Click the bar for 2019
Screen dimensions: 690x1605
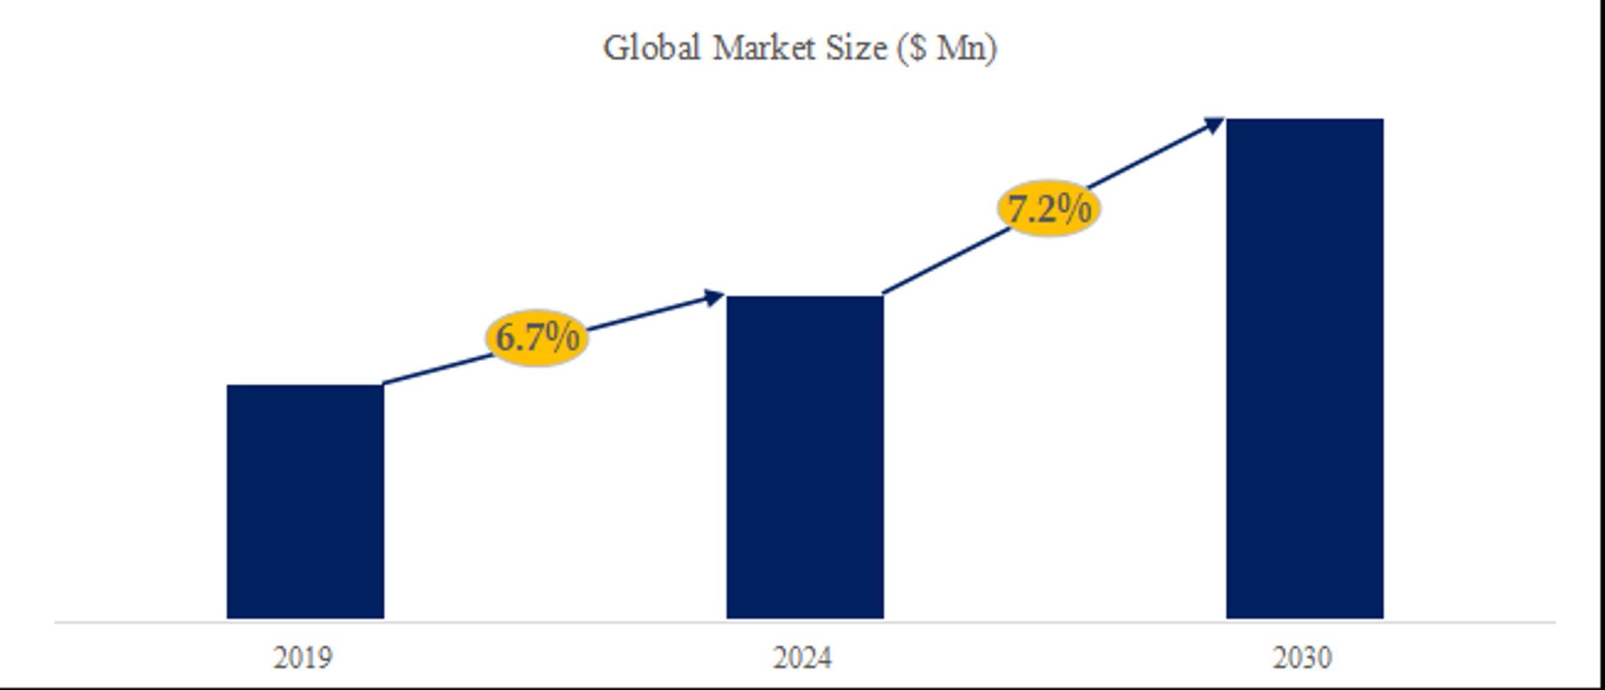(x=305, y=501)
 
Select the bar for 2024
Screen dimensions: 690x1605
(x=805, y=457)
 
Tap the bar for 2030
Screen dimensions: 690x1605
(x=1304, y=368)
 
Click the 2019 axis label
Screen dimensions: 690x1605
(x=303, y=658)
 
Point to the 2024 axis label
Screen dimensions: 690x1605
(x=803, y=658)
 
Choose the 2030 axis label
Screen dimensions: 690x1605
(x=1302, y=658)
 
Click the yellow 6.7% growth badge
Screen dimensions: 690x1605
(x=537, y=338)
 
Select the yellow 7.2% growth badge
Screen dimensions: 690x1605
(x=1049, y=209)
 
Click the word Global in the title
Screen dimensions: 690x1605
(x=651, y=49)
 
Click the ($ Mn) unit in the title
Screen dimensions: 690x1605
(x=947, y=49)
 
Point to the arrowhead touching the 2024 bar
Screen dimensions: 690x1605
(x=714, y=297)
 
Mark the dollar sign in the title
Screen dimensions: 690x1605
(x=916, y=49)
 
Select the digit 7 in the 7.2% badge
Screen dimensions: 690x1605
(x=1017, y=210)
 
